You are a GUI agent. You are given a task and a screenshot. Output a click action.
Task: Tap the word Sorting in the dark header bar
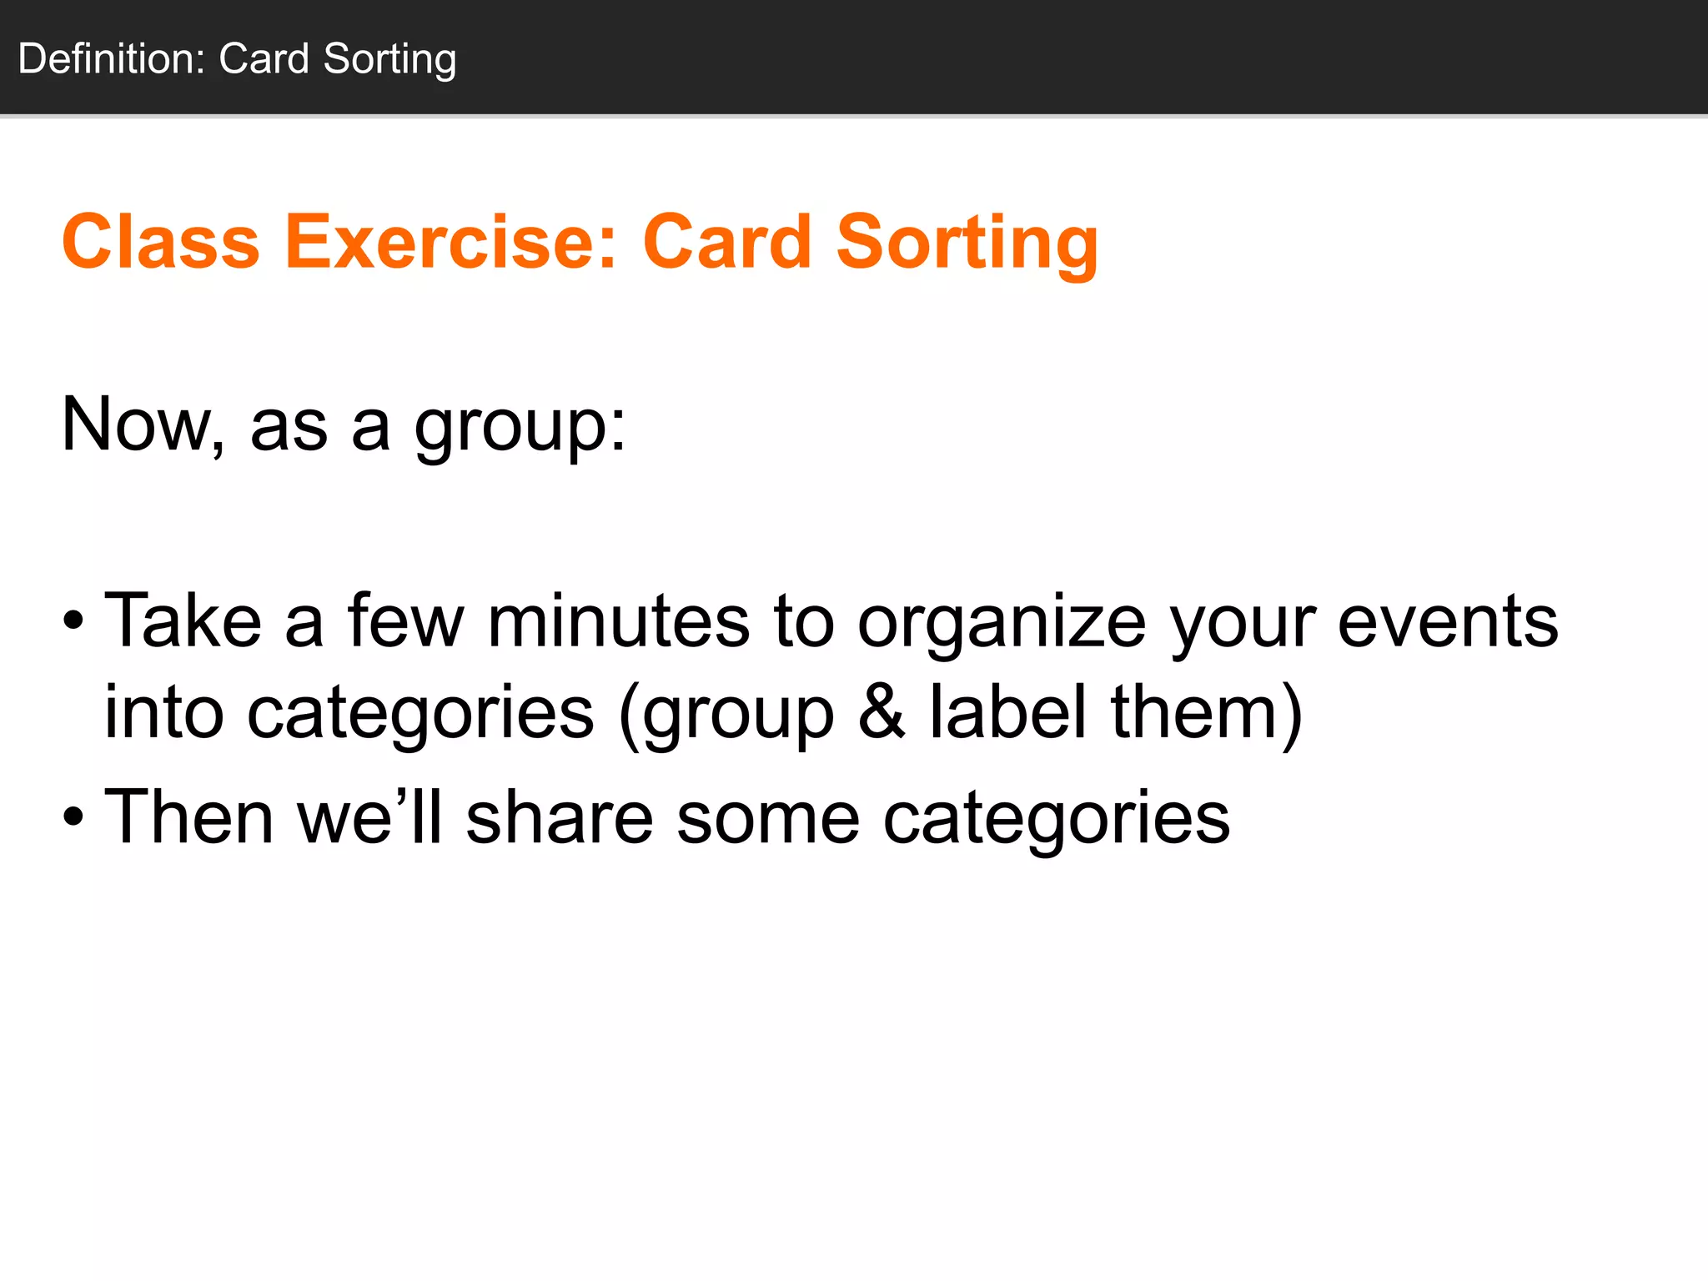[389, 59]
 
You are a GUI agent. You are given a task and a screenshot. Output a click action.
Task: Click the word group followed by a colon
[520, 428]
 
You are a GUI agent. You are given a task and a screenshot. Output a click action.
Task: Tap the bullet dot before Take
[73, 620]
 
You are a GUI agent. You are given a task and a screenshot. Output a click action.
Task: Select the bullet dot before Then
[73, 816]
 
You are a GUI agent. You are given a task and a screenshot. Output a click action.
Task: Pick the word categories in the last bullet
[1056, 819]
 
